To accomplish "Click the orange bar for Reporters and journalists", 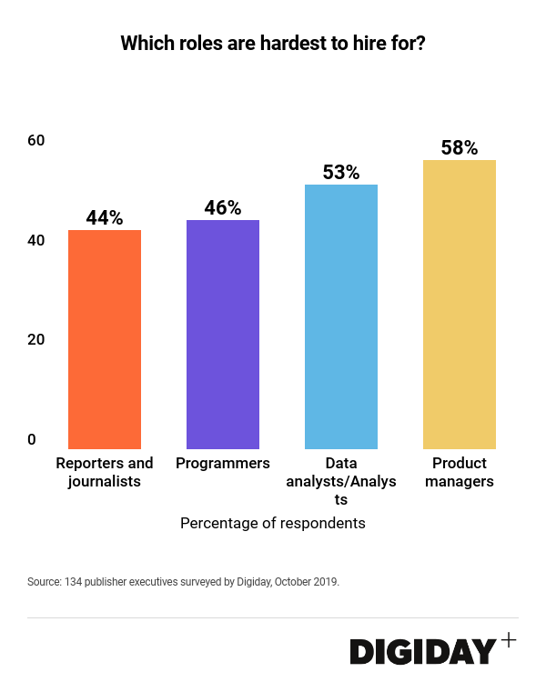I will tap(105, 339).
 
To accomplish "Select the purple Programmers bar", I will tap(223, 335).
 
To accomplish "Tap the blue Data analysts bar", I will tap(341, 316).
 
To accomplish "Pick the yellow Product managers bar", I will tap(460, 305).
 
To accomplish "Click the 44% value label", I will tap(105, 218).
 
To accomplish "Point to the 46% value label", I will tap(223, 208).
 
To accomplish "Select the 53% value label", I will tap(341, 173).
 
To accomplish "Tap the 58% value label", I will tap(460, 148).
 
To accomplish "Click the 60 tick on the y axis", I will tap(36, 140).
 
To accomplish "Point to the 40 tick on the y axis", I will tap(36, 240).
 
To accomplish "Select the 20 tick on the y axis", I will tap(36, 339).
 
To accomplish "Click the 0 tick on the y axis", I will tap(32, 439).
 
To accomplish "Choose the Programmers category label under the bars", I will tap(223, 464).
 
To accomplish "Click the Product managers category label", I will tap(460, 473).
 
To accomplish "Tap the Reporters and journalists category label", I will tap(105, 473).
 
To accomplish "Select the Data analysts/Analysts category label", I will tap(341, 481).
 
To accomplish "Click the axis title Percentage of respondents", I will tap(273, 524).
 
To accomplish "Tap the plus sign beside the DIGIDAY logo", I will tap(508, 640).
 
